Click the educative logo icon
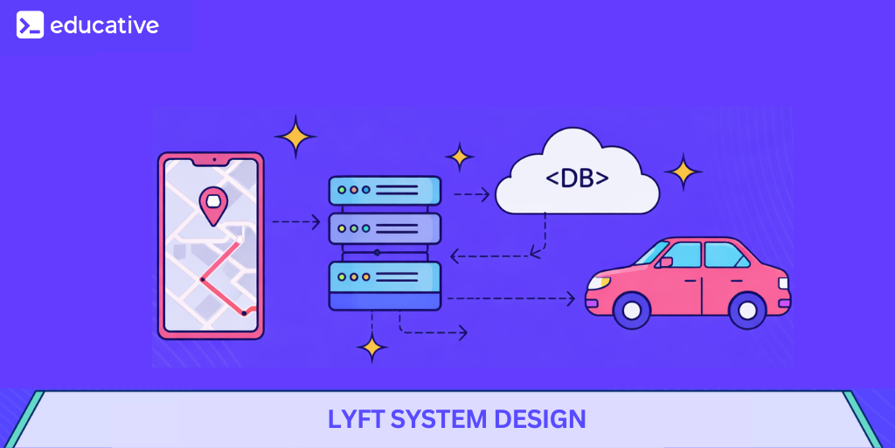point(30,25)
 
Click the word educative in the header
point(104,25)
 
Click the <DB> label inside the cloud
point(578,178)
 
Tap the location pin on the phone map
point(212,205)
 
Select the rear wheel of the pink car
point(746,309)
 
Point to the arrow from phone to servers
point(296,222)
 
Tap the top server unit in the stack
point(385,190)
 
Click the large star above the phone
point(295,136)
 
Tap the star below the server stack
point(372,347)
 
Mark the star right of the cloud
point(683,171)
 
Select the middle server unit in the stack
point(385,228)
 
